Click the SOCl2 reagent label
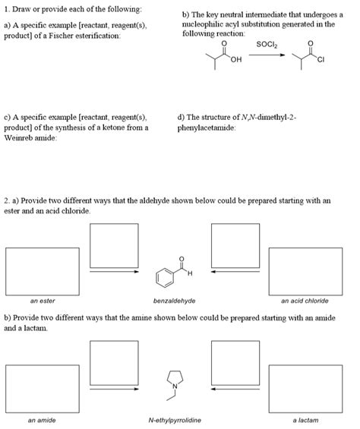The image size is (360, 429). point(267,45)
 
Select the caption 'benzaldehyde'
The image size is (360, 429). point(174,301)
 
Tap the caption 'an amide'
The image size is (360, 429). point(42,419)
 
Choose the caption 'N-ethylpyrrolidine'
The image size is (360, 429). point(175,419)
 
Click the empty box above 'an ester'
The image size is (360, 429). point(43,271)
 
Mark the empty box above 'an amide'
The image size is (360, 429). point(43,389)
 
